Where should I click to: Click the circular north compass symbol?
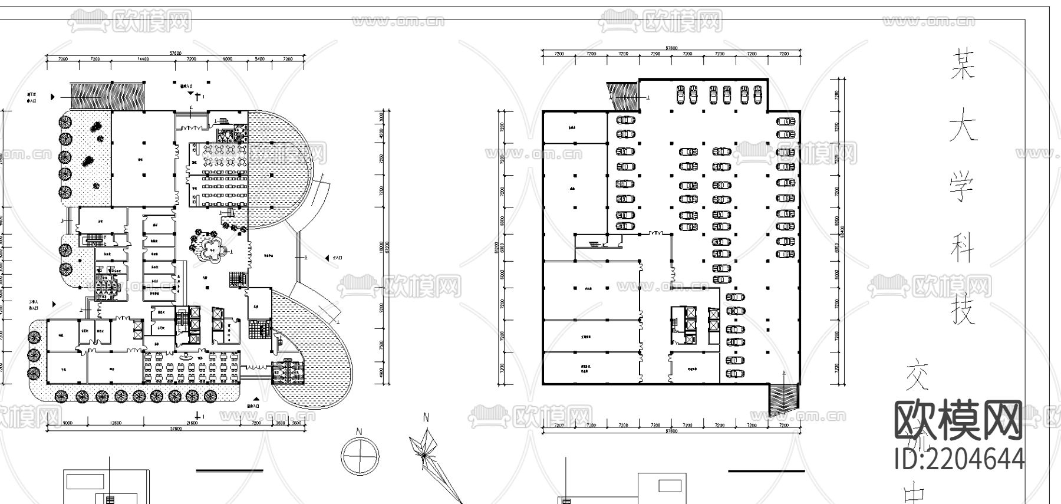360,456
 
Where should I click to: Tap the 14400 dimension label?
143,60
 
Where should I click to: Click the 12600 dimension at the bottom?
115,423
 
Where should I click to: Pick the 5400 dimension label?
259,60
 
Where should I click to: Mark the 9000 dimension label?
67,423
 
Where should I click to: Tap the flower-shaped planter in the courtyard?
211,248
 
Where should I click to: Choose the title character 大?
962,127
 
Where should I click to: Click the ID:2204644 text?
959,459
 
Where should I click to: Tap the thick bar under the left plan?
229,470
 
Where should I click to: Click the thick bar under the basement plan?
766,471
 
